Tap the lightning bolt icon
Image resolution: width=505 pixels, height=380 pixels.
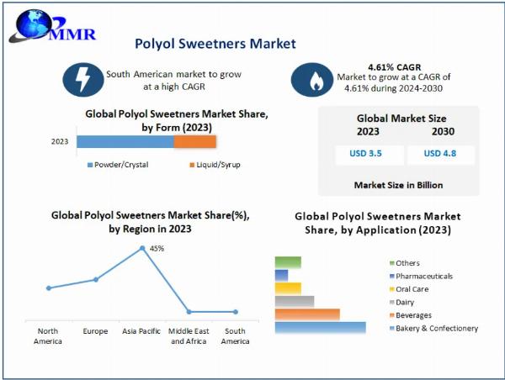pyautogui.click(x=83, y=80)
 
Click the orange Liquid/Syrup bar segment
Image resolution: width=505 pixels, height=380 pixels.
pyautogui.click(x=195, y=141)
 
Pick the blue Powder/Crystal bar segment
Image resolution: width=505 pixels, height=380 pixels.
pyautogui.click(x=125, y=141)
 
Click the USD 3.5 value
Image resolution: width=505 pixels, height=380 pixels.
pyautogui.click(x=365, y=153)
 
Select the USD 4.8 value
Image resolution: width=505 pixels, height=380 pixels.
pyautogui.click(x=440, y=153)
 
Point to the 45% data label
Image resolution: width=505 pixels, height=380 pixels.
pyautogui.click(x=157, y=248)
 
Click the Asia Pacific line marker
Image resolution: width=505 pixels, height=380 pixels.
pyautogui.click(x=142, y=248)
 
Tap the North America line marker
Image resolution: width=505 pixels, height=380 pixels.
pyautogui.click(x=49, y=288)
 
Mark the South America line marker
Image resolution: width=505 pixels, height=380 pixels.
pyautogui.click(x=236, y=312)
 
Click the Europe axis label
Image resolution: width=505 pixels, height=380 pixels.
pyautogui.click(x=95, y=331)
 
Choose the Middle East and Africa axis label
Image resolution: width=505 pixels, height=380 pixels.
pyautogui.click(x=189, y=336)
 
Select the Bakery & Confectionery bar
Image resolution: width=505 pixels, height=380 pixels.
pyautogui.click(x=321, y=328)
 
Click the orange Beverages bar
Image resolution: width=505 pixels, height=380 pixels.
pyautogui.click(x=307, y=314)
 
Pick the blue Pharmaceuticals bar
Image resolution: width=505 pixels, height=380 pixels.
pyautogui.click(x=281, y=276)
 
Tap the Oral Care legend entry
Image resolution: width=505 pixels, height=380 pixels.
pyautogui.click(x=409, y=289)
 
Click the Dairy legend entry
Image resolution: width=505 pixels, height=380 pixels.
pyautogui.click(x=401, y=302)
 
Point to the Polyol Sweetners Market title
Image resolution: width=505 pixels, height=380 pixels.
pyautogui.click(x=215, y=44)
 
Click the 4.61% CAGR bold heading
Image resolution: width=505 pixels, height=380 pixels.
pyautogui.click(x=395, y=67)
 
